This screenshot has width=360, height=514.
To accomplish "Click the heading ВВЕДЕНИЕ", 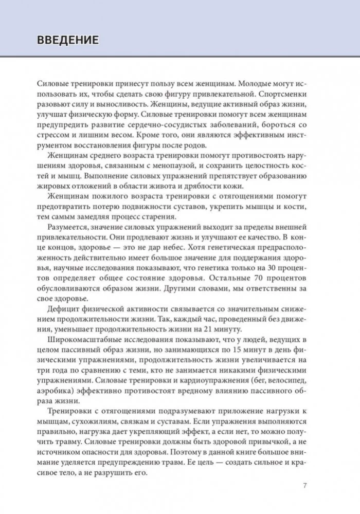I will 65,40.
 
